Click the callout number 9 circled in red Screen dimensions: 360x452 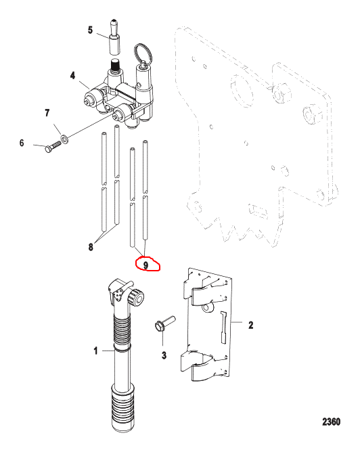coord(146,265)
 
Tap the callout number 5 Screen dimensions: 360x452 coord(90,30)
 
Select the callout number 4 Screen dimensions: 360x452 coord(72,76)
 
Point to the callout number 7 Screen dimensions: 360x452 coord(47,113)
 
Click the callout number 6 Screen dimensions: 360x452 coord(22,143)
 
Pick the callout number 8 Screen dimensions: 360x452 coord(91,247)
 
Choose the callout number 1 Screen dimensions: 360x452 coord(95,351)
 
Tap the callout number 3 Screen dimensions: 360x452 coord(164,355)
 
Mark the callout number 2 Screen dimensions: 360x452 coord(251,325)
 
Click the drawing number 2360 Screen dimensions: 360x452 coord(331,422)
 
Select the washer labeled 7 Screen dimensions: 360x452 coord(65,139)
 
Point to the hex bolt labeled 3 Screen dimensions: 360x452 coord(164,323)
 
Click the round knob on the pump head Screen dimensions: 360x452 coord(136,297)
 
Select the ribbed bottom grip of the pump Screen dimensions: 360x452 coord(122,408)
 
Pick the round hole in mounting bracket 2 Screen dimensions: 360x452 coord(207,308)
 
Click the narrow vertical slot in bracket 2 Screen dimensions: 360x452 coord(224,327)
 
